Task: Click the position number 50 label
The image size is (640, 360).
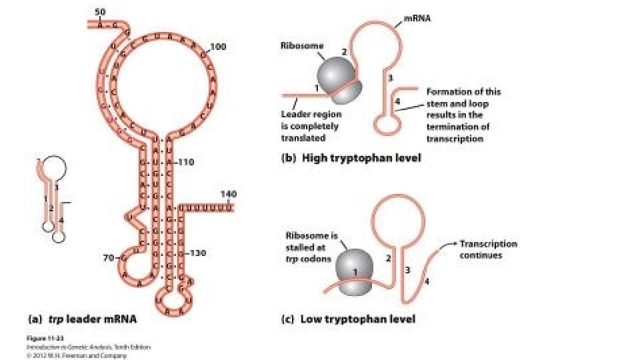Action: [100, 12]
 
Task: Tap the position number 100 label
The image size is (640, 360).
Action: [219, 47]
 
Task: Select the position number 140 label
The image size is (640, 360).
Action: [228, 194]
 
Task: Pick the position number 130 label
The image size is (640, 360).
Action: [200, 254]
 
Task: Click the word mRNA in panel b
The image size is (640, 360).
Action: [417, 19]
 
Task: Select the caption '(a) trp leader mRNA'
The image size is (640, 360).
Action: [81, 319]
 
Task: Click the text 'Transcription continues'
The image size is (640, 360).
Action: [488, 249]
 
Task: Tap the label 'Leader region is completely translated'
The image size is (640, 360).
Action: [310, 126]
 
